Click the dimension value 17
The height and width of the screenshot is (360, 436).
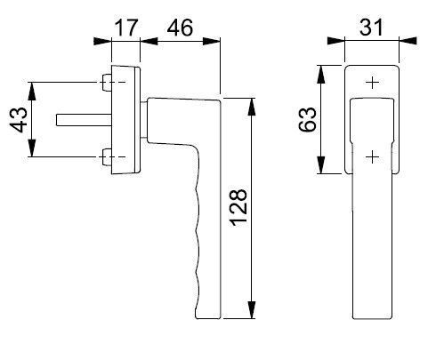click(x=126, y=28)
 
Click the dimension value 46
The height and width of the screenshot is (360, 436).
click(x=180, y=28)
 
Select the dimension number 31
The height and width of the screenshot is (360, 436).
click(x=372, y=28)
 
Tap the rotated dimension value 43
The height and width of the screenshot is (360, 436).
click(x=19, y=120)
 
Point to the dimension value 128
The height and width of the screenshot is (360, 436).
click(x=238, y=207)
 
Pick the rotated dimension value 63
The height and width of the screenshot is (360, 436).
click(x=307, y=119)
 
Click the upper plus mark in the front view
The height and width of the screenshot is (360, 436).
click(x=372, y=82)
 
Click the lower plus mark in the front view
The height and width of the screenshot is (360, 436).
click(x=372, y=156)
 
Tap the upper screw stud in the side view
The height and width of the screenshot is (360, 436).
click(x=107, y=82)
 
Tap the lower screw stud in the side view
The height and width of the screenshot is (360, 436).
click(x=107, y=157)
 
